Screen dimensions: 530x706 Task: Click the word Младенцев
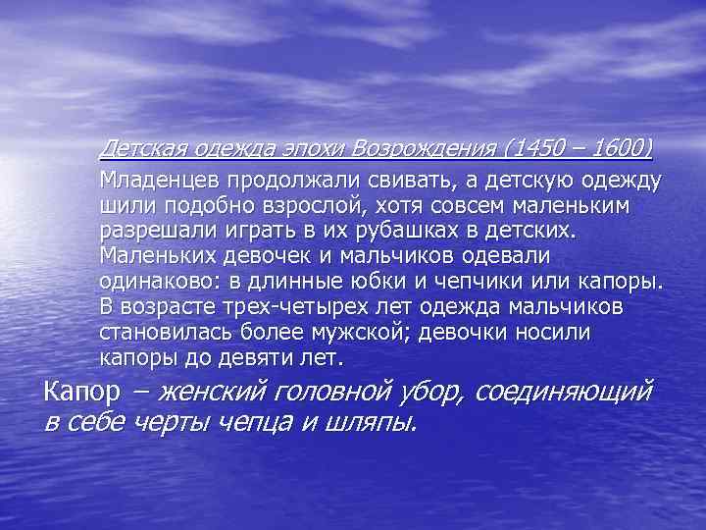(158, 183)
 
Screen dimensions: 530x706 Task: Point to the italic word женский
(212, 393)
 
